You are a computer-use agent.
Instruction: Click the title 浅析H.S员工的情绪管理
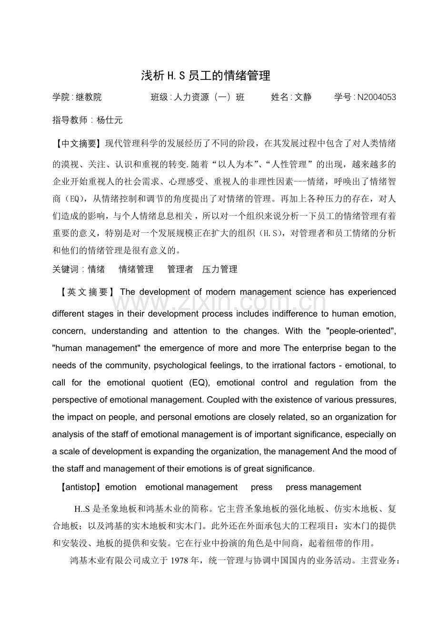[x=206, y=75]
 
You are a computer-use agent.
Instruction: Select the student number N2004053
[x=376, y=97]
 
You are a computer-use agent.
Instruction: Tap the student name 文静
[x=303, y=97]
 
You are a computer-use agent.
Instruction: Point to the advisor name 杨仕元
[x=109, y=120]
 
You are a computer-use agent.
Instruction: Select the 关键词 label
[x=65, y=269]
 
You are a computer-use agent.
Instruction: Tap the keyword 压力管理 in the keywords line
[x=219, y=269]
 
